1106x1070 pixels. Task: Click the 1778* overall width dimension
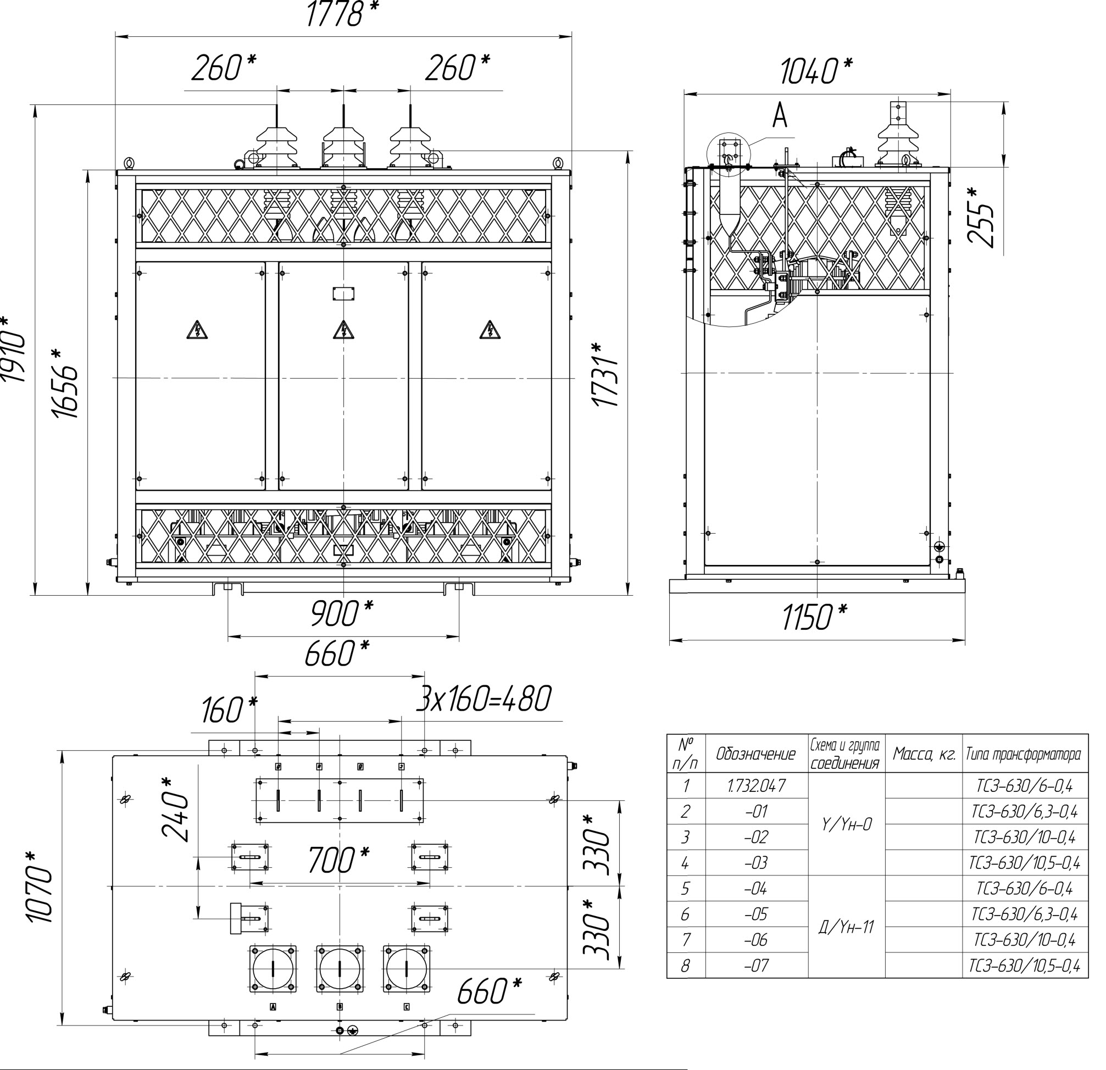pyautogui.click(x=342, y=14)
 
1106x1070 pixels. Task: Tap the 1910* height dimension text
pyautogui.click(x=13, y=349)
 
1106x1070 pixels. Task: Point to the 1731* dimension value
pyautogui.click(x=604, y=374)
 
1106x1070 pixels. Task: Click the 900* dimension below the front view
pyautogui.click(x=342, y=613)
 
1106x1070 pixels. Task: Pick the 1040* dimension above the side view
pyautogui.click(x=816, y=71)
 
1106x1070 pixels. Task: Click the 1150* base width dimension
pyautogui.click(x=814, y=617)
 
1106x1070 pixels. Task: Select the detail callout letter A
pyautogui.click(x=780, y=116)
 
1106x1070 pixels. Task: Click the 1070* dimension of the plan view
pyautogui.click(x=40, y=887)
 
